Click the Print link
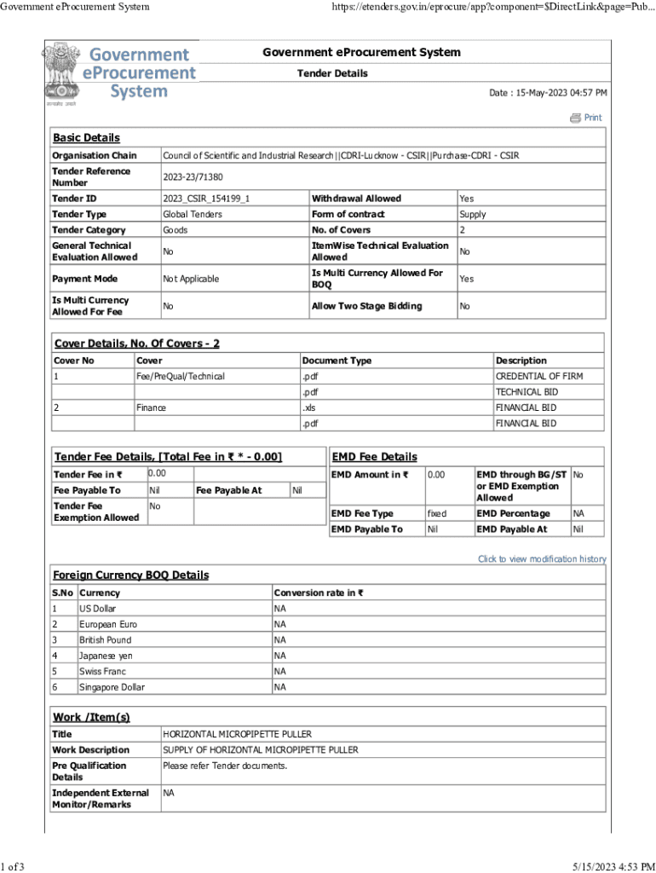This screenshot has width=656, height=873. [592, 118]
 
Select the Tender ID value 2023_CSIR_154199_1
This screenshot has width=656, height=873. [207, 199]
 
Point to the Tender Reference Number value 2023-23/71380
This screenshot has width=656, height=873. [193, 177]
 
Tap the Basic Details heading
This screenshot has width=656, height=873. [86, 138]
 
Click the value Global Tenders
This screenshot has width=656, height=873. [193, 215]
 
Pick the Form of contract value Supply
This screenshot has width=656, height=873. [473, 215]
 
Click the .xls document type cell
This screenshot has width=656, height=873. [309, 408]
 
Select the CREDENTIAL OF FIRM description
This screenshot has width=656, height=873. [538, 376]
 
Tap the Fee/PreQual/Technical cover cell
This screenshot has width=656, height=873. [181, 376]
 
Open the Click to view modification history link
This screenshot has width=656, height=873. [542, 559]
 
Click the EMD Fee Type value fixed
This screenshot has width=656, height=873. [436, 514]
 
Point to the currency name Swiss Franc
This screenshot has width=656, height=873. [103, 671]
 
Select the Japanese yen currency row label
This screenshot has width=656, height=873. [106, 656]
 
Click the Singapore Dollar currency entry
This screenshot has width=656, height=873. [112, 687]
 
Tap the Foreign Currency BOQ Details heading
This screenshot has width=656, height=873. [130, 575]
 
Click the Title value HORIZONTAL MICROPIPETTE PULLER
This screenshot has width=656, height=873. [237, 734]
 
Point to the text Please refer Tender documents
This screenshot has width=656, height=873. [225, 766]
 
